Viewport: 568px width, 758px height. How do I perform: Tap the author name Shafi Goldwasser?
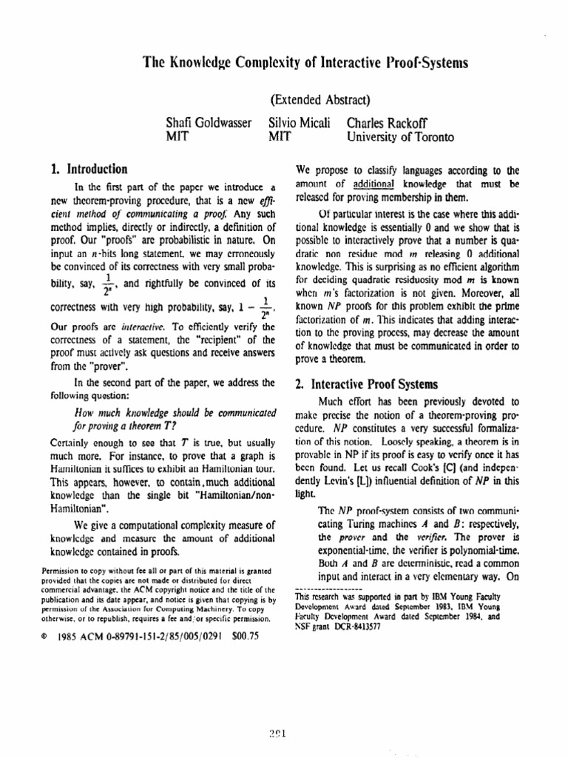coord(209,123)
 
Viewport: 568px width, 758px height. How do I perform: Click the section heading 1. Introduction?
coord(86,169)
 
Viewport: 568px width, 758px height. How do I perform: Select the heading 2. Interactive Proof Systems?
coord(364,384)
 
